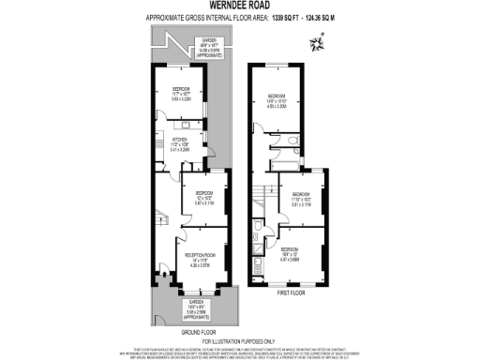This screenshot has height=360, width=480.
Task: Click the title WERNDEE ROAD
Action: [239, 6]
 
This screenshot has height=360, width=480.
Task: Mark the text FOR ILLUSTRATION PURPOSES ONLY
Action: [239, 340]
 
